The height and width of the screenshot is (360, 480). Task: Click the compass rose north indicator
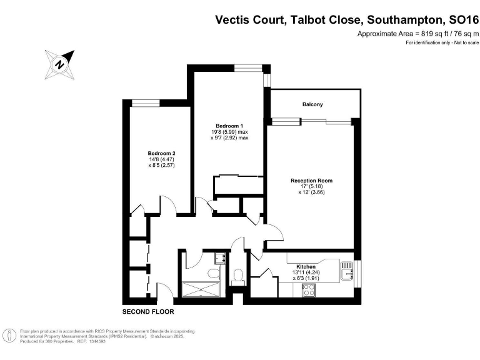60,63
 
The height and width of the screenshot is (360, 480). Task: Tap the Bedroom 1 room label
229,126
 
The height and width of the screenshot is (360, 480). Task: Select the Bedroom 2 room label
161,153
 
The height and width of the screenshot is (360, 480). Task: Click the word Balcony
312,104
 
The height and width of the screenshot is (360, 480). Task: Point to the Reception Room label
311,180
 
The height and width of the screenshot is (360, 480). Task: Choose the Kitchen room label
306,267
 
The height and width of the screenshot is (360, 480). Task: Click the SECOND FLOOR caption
148,311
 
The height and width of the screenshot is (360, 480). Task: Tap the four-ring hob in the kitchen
309,290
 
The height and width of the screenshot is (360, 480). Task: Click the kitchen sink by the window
347,269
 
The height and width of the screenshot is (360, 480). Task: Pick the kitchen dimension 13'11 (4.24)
306,273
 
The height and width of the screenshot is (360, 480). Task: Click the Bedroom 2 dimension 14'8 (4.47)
161,159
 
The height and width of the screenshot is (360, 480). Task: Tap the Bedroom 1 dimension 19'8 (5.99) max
229,132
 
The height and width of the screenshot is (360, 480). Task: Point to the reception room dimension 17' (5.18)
311,186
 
